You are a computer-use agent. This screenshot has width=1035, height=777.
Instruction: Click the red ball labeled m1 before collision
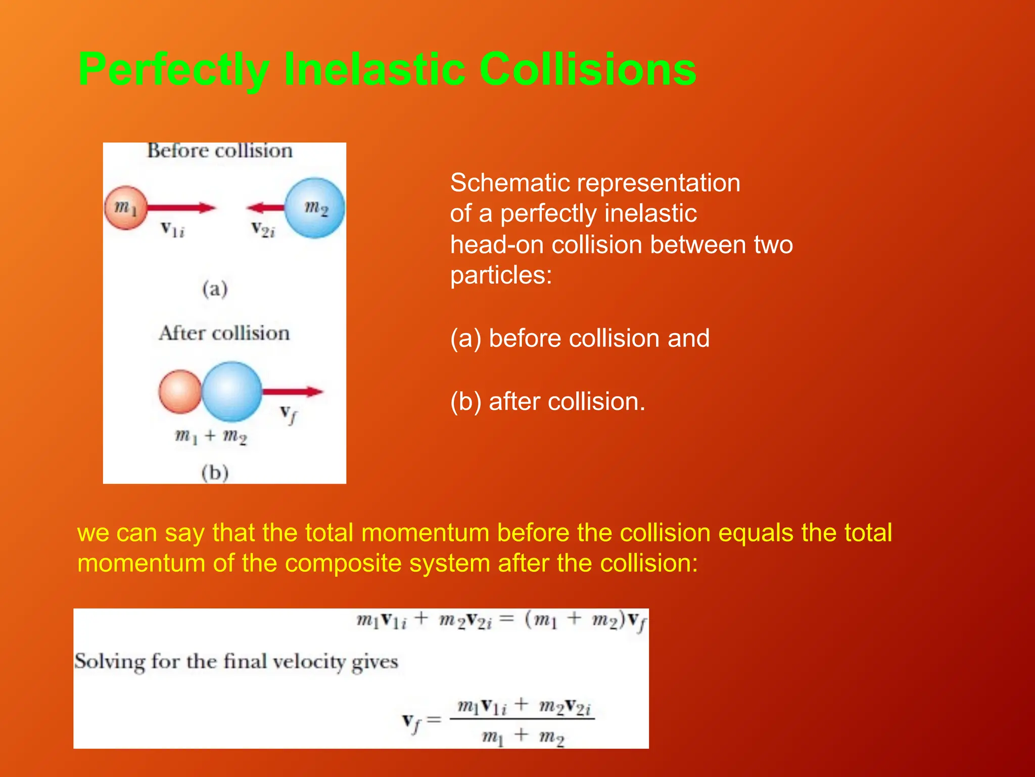pos(126,208)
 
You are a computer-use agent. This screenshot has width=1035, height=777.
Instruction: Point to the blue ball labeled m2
pos(314,208)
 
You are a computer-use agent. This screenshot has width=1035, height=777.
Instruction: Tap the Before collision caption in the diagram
pos(220,151)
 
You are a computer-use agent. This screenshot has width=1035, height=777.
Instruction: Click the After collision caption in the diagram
pos(224,333)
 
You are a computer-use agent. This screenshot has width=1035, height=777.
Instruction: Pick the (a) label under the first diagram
pos(215,289)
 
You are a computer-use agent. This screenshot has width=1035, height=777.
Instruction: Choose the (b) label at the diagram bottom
pos(215,472)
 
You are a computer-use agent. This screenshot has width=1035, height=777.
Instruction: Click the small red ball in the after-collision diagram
pos(179,392)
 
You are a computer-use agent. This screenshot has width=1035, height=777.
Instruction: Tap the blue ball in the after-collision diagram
pos(232,392)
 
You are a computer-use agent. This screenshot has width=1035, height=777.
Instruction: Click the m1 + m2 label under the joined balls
pos(211,436)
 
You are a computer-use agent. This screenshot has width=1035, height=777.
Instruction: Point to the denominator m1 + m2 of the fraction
pos(523,736)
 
